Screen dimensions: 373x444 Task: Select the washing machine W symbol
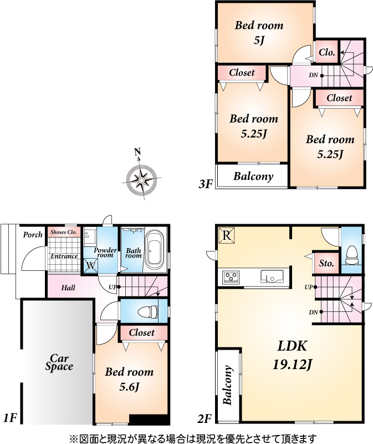pyautogui.click(x=90, y=266)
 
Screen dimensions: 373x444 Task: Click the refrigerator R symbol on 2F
pyautogui.click(x=227, y=235)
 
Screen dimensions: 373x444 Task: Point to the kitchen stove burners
pyautogui.click(x=231, y=276)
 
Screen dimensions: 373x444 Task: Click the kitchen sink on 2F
pyautogui.click(x=272, y=276)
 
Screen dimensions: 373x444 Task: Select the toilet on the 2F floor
pyautogui.click(x=352, y=255)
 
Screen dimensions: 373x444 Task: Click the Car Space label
pyautogui.click(x=59, y=362)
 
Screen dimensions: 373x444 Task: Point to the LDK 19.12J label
pyautogui.click(x=292, y=355)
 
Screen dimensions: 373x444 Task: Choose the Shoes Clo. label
pyautogui.click(x=64, y=232)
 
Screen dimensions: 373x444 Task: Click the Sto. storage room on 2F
pyautogui.click(x=326, y=263)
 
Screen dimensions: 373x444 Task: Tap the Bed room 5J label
pyautogui.click(x=259, y=33)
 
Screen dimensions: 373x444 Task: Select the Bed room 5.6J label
pyautogui.click(x=129, y=379)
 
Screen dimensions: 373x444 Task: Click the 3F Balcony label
pyautogui.click(x=253, y=176)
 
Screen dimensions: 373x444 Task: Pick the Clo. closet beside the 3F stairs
pyautogui.click(x=326, y=52)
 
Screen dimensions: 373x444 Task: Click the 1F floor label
pyautogui.click(x=11, y=418)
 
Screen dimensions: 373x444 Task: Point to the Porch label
pyautogui.click(x=33, y=234)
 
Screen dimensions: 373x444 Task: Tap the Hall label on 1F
pyautogui.click(x=68, y=287)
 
